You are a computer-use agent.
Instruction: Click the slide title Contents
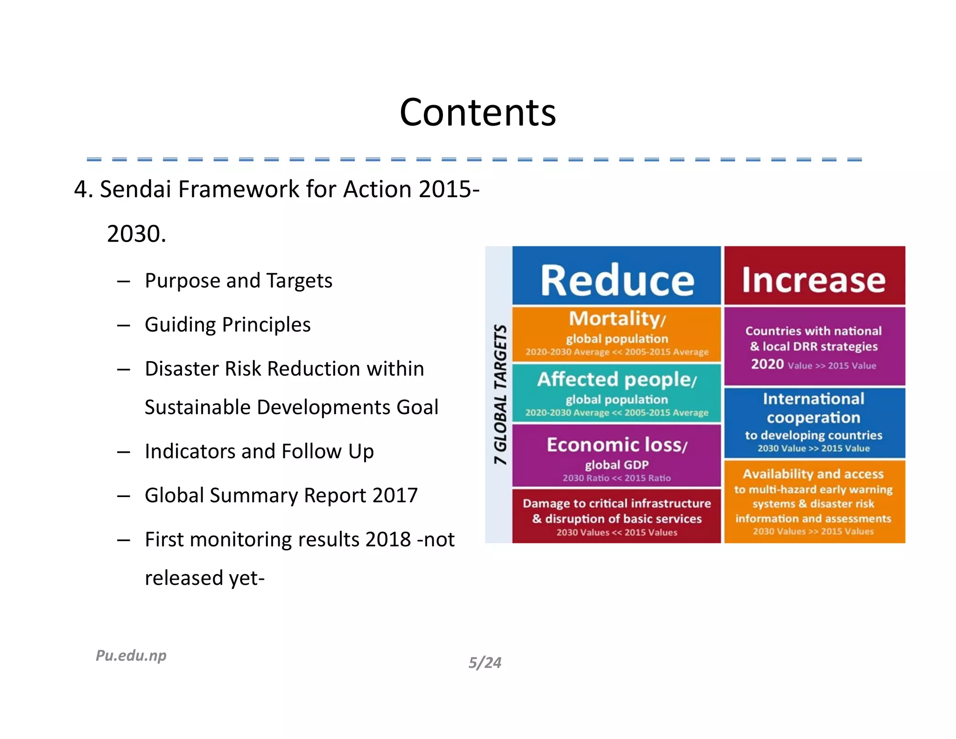[x=478, y=113]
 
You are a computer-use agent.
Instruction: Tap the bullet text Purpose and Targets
[x=238, y=281]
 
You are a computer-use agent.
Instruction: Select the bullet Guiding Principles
[x=227, y=325]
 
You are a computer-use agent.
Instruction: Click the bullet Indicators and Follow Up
[x=259, y=451]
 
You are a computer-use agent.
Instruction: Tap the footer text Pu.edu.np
[x=131, y=655]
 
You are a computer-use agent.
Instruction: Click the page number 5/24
[x=485, y=662]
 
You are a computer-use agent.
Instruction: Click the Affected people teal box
[x=617, y=393]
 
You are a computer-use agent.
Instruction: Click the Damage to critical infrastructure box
[x=617, y=516]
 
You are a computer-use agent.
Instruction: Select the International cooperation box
[x=814, y=422]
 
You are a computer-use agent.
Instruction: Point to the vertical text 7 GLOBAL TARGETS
[x=500, y=394]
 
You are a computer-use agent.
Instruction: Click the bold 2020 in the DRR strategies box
[x=767, y=364]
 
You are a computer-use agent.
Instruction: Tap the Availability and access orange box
[x=814, y=501]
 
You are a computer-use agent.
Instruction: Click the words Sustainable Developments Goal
[x=291, y=407]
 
